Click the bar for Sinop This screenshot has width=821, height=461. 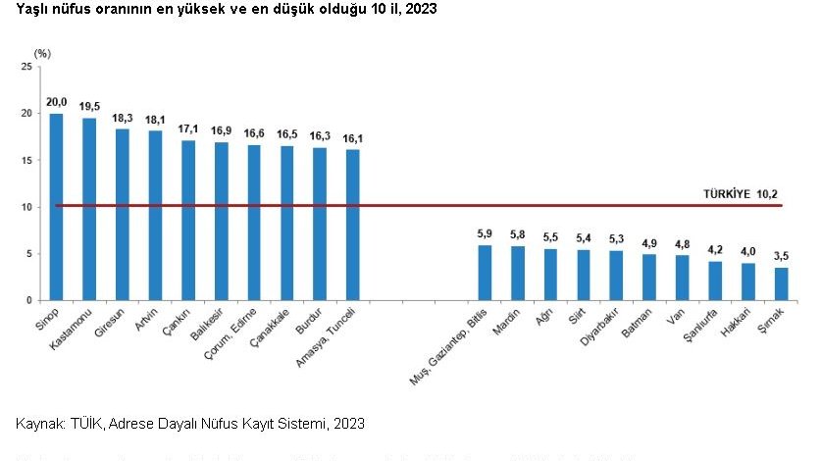pyautogui.click(x=56, y=207)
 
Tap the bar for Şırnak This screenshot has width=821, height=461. pyautogui.click(x=781, y=283)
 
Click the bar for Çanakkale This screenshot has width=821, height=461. pyautogui.click(x=286, y=223)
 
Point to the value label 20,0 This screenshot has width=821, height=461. pyautogui.click(x=56, y=101)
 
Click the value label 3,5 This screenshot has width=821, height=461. pyautogui.click(x=781, y=256)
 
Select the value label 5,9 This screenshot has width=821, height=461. pyautogui.click(x=485, y=233)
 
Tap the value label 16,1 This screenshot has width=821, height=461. pyautogui.click(x=352, y=138)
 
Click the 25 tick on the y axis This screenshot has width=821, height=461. pyautogui.click(x=26, y=67)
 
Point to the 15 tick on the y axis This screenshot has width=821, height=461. pyautogui.click(x=26, y=160)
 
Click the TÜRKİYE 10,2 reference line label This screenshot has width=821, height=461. pyautogui.click(x=742, y=194)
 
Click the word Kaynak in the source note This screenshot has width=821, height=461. pyautogui.click(x=38, y=424)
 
